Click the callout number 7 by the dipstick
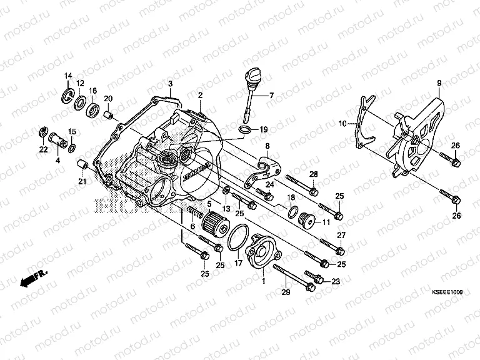pyautogui.click(x=272, y=96)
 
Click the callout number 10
pyautogui.click(x=341, y=124)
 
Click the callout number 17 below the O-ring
pyautogui.click(x=237, y=263)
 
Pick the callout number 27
pyautogui.click(x=341, y=235)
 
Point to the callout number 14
pyautogui.click(x=69, y=76)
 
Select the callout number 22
pyautogui.click(x=43, y=149)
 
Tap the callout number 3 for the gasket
pyautogui.click(x=169, y=84)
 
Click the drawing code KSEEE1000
pyautogui.click(x=447, y=292)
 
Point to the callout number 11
pyautogui.click(x=326, y=222)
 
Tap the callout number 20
pyautogui.click(x=107, y=99)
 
